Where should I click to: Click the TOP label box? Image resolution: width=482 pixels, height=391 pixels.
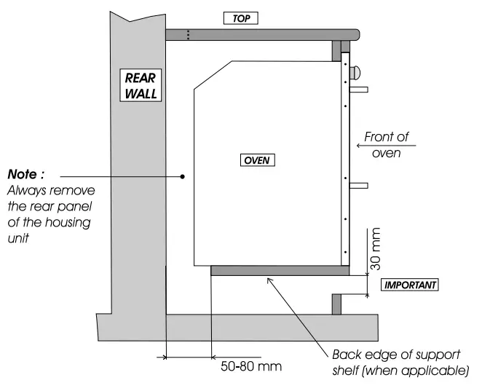[241, 18]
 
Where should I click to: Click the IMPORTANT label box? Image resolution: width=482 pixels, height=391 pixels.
[410, 285]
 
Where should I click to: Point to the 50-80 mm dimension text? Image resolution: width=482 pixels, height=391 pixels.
[250, 366]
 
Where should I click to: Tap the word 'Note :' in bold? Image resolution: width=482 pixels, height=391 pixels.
[26, 175]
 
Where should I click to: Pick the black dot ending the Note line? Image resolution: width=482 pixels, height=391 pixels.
[183, 176]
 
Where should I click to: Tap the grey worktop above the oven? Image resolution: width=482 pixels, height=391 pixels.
[262, 33]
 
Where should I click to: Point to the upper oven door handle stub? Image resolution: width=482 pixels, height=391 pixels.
[360, 90]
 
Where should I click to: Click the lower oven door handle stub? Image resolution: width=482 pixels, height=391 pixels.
[360, 186]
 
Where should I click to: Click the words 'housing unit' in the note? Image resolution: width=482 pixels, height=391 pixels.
[58, 229]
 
